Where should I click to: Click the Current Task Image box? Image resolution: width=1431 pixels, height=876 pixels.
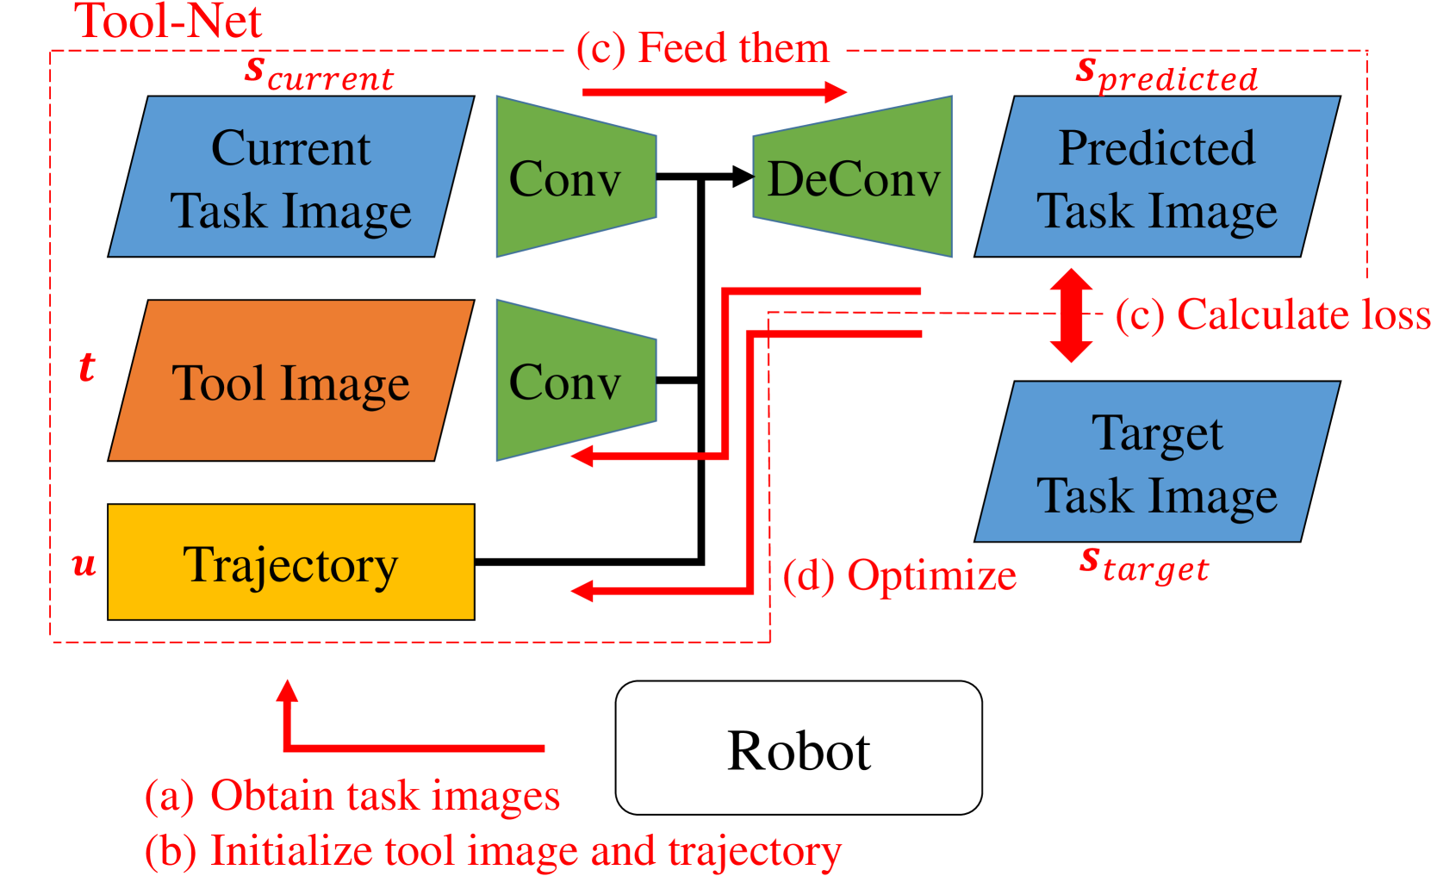(x=291, y=177)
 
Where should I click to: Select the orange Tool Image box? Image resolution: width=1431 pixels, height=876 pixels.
(x=291, y=381)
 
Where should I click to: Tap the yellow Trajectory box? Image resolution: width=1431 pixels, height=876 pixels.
(x=291, y=562)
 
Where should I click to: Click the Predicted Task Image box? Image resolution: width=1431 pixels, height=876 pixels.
(x=1157, y=177)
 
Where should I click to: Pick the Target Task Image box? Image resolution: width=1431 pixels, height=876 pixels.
(x=1157, y=462)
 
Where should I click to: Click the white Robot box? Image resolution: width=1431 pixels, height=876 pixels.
(x=799, y=748)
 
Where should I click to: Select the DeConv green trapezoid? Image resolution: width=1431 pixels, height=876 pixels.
(x=853, y=177)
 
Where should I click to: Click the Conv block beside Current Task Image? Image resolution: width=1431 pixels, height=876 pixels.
(x=576, y=177)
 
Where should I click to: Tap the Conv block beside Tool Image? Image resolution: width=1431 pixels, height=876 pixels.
(x=576, y=381)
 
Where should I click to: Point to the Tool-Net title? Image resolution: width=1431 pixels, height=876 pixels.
(x=167, y=21)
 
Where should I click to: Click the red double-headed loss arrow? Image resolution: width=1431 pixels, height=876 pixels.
(x=1072, y=315)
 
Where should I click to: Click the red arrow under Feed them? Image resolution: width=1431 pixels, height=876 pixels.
(x=715, y=92)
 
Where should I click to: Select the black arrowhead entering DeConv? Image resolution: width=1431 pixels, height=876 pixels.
(x=743, y=177)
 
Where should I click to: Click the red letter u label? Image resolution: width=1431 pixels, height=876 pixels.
(x=84, y=564)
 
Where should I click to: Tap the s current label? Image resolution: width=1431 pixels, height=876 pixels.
(x=319, y=74)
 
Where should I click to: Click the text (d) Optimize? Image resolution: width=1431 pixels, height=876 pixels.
(x=899, y=576)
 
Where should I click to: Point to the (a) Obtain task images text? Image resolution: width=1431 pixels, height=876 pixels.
(x=352, y=796)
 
